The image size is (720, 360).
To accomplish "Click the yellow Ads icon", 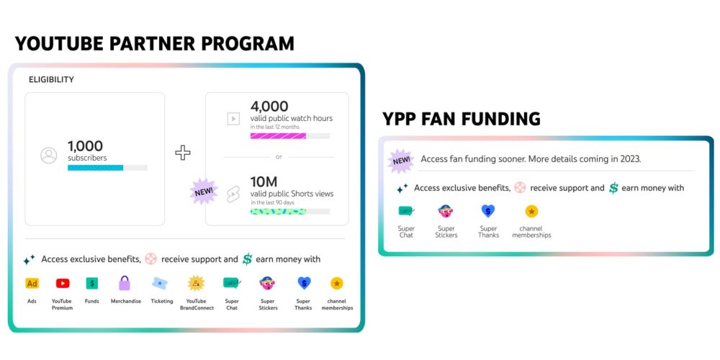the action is click(x=32, y=283).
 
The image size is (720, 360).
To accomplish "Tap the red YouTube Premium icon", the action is click(x=63, y=283).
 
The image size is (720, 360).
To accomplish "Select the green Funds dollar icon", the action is click(x=92, y=283).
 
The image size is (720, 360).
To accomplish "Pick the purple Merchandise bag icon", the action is click(x=125, y=283).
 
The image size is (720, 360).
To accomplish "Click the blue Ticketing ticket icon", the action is click(x=161, y=283).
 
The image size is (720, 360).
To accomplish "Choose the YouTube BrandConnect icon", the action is click(x=196, y=283).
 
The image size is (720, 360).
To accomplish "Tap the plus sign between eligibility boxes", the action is click(x=183, y=153).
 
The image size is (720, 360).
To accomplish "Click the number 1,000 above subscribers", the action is click(x=86, y=146).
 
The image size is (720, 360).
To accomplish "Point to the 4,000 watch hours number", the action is click(x=269, y=107).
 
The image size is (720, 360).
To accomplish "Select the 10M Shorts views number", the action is click(x=264, y=182).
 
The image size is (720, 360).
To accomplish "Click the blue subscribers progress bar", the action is click(x=96, y=168).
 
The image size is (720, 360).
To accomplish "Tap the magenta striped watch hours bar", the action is click(x=278, y=136).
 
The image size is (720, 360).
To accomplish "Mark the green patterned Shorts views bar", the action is click(x=278, y=212).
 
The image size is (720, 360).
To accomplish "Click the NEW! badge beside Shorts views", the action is click(x=204, y=192).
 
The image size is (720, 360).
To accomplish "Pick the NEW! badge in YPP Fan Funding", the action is click(x=401, y=161).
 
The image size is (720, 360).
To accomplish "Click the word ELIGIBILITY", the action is click(x=51, y=79).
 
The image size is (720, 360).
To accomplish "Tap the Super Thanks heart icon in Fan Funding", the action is click(x=488, y=211).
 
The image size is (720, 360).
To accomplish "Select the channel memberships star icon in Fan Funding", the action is click(x=531, y=211).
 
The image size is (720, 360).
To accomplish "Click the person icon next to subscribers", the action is click(x=49, y=156).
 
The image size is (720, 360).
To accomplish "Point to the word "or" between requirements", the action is click(x=279, y=157).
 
